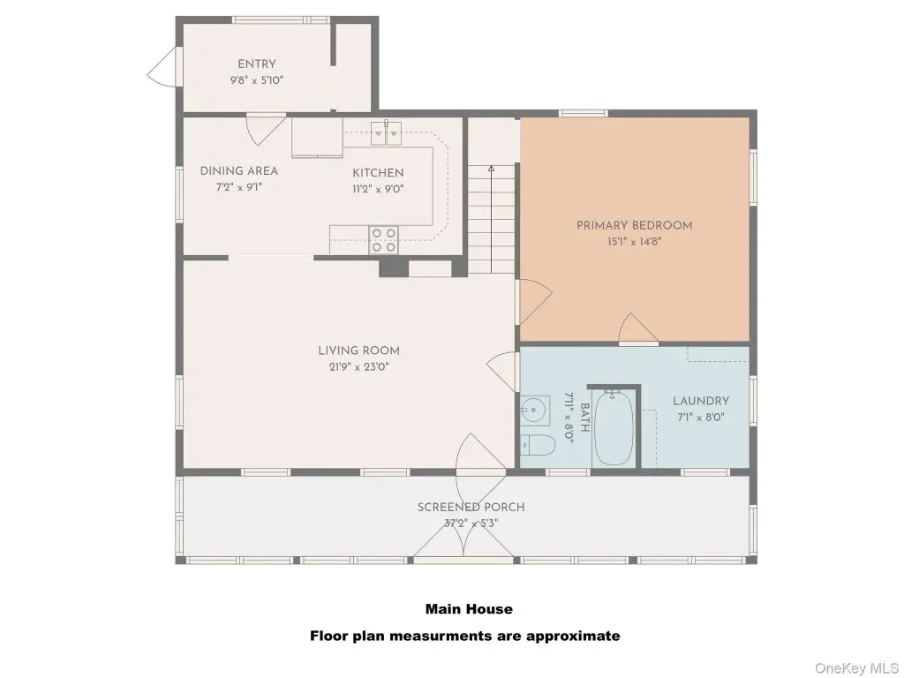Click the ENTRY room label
tap(257, 64)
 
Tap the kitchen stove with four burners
tap(384, 240)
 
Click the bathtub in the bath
tap(614, 428)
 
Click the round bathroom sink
tap(534, 411)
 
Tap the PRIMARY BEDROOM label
tap(634, 225)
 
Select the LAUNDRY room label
tap(701, 401)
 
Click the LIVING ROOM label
tap(358, 350)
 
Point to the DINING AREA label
tap(238, 170)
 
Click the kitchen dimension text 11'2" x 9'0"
tap(378, 189)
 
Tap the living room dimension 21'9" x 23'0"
tap(358, 366)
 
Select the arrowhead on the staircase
tap(491, 169)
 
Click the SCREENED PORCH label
tap(471, 508)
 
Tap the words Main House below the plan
tap(469, 609)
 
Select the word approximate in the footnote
tap(565, 637)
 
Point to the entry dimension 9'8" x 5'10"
tap(257, 80)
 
